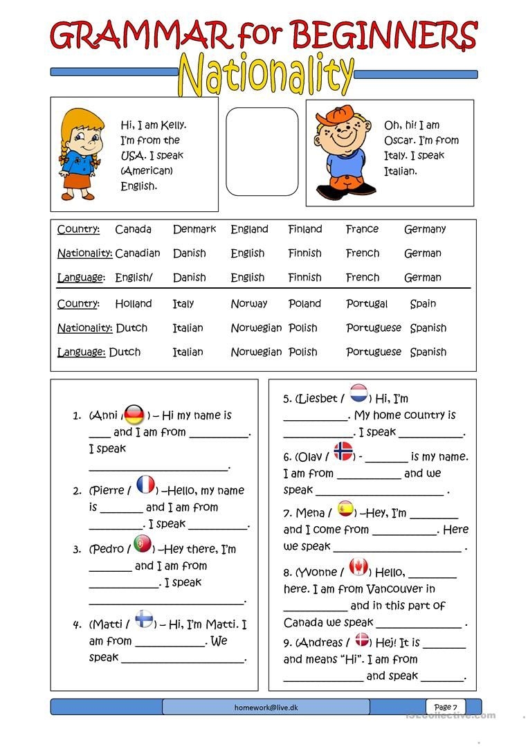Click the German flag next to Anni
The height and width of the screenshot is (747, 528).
click(x=134, y=414)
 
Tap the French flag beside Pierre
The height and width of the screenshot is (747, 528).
click(x=145, y=485)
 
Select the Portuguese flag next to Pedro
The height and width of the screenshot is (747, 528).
click(x=143, y=545)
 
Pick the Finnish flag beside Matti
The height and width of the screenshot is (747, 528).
click(x=144, y=618)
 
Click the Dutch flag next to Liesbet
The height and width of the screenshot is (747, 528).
click(x=358, y=394)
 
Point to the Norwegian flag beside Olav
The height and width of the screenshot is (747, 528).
click(x=343, y=451)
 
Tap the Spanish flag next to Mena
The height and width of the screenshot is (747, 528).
click(x=345, y=510)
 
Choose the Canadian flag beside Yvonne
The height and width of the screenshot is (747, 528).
click(x=358, y=568)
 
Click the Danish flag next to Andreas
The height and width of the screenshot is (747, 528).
click(x=363, y=640)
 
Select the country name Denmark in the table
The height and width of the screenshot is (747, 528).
click(x=194, y=229)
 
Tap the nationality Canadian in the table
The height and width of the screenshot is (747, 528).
click(x=137, y=253)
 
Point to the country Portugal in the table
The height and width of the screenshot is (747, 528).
click(x=367, y=304)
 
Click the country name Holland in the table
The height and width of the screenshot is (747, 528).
click(x=134, y=304)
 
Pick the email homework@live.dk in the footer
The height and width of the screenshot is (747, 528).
click(x=266, y=707)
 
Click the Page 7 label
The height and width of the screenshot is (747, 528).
click(x=446, y=707)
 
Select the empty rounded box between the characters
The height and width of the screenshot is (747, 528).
click(x=262, y=151)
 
